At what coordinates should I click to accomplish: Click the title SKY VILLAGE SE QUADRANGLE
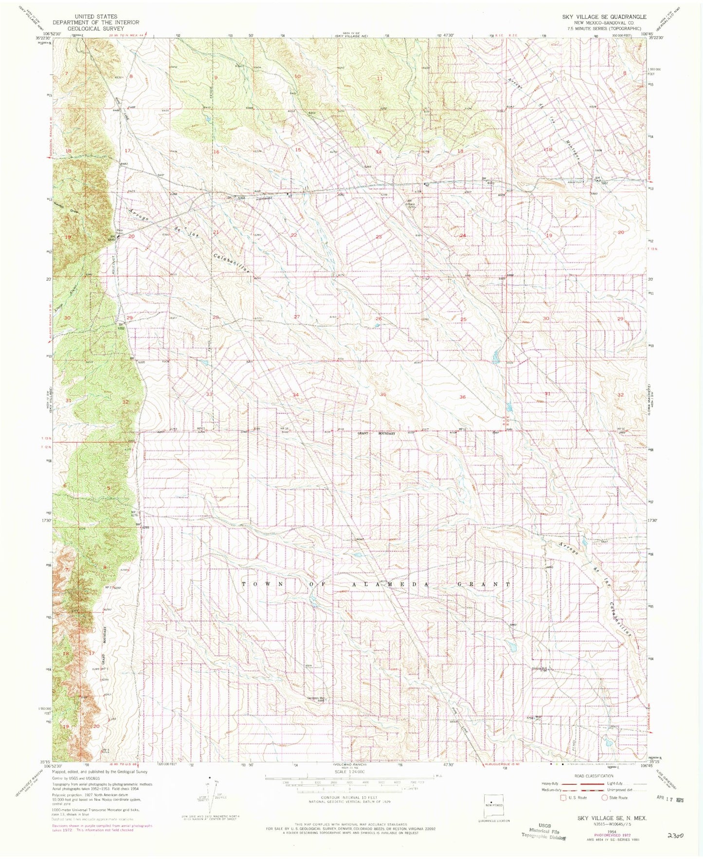pos(604,17)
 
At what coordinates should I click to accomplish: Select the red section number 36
pos(462,397)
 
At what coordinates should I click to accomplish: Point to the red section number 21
pos(216,232)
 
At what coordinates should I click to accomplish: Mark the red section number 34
pos(295,395)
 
